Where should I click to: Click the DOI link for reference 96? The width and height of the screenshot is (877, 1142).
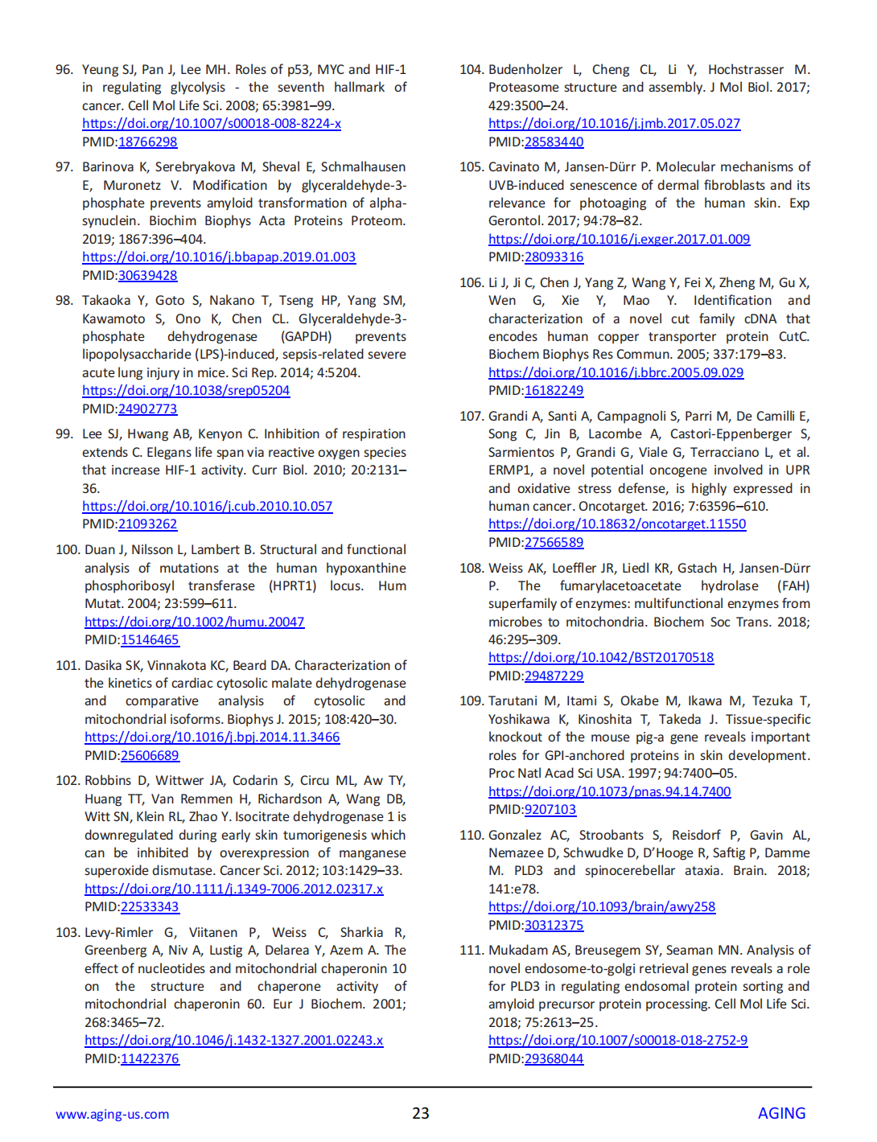tap(212, 124)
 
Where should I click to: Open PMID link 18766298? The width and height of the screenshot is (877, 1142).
tap(148, 142)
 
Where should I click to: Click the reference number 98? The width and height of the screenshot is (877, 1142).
tap(64, 301)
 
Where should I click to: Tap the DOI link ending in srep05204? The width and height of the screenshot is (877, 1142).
tap(186, 391)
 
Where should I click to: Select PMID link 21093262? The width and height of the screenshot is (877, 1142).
tap(148, 524)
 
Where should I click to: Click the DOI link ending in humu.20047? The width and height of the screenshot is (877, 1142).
tap(195, 622)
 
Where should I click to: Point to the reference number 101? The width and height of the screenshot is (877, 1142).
tap(68, 666)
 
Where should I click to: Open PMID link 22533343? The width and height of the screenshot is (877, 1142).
tap(150, 907)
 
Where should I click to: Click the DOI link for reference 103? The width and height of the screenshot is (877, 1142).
tap(234, 1041)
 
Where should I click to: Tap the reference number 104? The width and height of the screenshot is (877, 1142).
tap(471, 70)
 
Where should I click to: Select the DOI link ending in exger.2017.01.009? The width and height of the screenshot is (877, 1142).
tap(620, 240)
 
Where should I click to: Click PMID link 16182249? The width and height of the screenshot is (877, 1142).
tap(554, 391)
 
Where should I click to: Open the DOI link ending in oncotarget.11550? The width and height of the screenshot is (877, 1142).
tap(617, 524)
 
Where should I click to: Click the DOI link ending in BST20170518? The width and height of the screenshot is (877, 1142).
tap(601, 658)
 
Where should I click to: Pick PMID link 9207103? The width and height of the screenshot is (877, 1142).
tap(550, 810)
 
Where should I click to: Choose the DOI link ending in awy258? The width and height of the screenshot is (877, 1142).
tap(602, 907)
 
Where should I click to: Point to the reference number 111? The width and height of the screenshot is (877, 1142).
tap(471, 951)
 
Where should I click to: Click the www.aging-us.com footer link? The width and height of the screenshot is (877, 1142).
tap(113, 1115)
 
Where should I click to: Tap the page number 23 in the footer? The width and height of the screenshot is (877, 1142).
tap(421, 1114)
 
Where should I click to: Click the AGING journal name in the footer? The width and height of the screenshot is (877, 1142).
tap(781, 1114)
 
